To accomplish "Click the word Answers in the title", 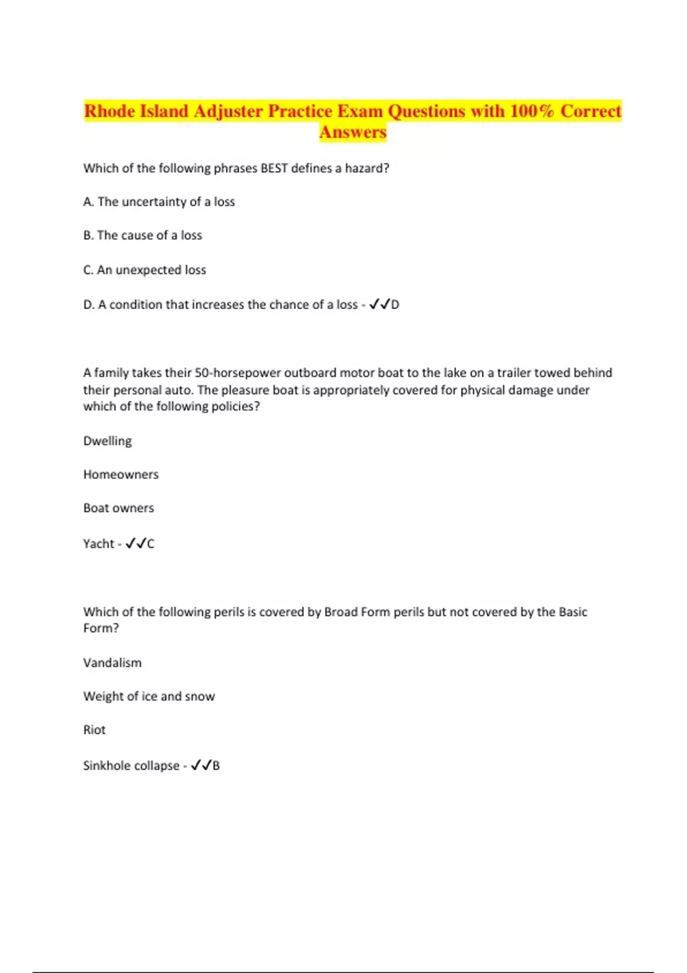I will tap(353, 132).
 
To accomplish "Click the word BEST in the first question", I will tap(274, 168).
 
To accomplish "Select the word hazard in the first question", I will tap(364, 168).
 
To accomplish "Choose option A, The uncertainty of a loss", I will tap(159, 201).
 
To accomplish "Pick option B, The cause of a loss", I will tap(143, 235).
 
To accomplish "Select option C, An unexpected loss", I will tap(145, 270).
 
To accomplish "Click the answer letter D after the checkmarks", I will tap(395, 304).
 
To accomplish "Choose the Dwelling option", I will tap(108, 441).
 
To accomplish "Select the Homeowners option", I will tap(121, 474).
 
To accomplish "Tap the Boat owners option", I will tap(119, 508).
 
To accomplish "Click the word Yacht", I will tap(98, 544).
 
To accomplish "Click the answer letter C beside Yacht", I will tap(151, 544).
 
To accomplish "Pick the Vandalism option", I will tap(112, 663).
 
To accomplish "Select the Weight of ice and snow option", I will tap(149, 697).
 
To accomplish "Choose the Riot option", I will tap(94, 730).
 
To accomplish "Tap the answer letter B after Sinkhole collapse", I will tap(216, 766).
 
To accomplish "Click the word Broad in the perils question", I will tap(341, 612).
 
